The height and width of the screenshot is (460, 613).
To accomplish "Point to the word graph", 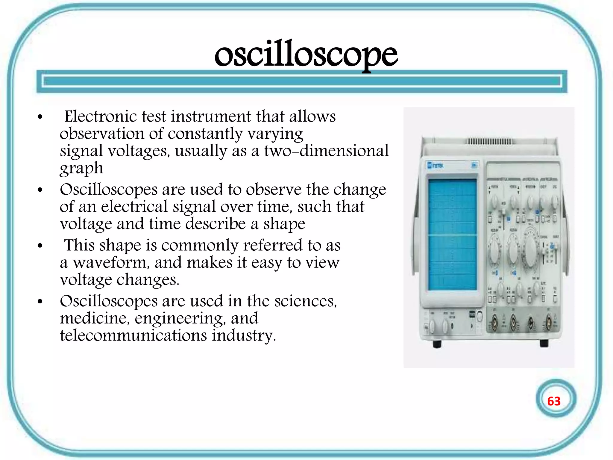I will pyautogui.click(x=81, y=169).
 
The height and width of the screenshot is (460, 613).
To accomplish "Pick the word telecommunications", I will pyautogui.click(x=133, y=335).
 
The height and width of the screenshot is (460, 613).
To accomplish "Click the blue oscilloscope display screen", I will pyautogui.click(x=452, y=234).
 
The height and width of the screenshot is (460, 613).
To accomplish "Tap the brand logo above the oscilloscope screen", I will pyautogui.click(x=436, y=165).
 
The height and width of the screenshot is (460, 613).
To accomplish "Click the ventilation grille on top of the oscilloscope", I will pyautogui.click(x=489, y=141).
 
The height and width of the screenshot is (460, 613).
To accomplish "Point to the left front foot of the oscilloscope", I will pyautogui.click(x=437, y=344).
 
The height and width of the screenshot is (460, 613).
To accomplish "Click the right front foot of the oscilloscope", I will pyautogui.click(x=544, y=343).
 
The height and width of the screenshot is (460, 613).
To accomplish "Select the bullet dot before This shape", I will pyautogui.click(x=40, y=246).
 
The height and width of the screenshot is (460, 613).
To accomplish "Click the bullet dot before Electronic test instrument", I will pyautogui.click(x=40, y=117).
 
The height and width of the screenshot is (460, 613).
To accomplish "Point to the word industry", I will pyautogui.click(x=244, y=335).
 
